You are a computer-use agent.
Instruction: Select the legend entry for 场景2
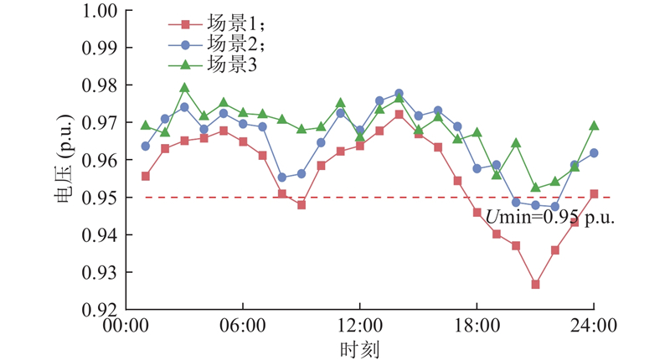pos(214,44)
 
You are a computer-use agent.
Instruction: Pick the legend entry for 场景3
pos(214,64)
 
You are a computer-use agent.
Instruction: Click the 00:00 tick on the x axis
pos(126,325)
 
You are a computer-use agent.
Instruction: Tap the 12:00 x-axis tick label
pos(359,325)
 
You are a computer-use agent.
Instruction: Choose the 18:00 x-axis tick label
pos(477,325)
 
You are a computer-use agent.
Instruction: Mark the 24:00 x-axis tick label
pos(594,325)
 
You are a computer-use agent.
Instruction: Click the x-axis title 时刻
pos(359,346)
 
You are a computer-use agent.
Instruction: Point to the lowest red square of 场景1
pos(535,285)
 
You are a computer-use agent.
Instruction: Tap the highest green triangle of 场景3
pos(184,87)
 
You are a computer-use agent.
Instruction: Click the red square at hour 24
pos(594,194)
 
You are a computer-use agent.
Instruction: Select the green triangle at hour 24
pos(594,126)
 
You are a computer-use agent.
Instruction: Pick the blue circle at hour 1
pos(146,146)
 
